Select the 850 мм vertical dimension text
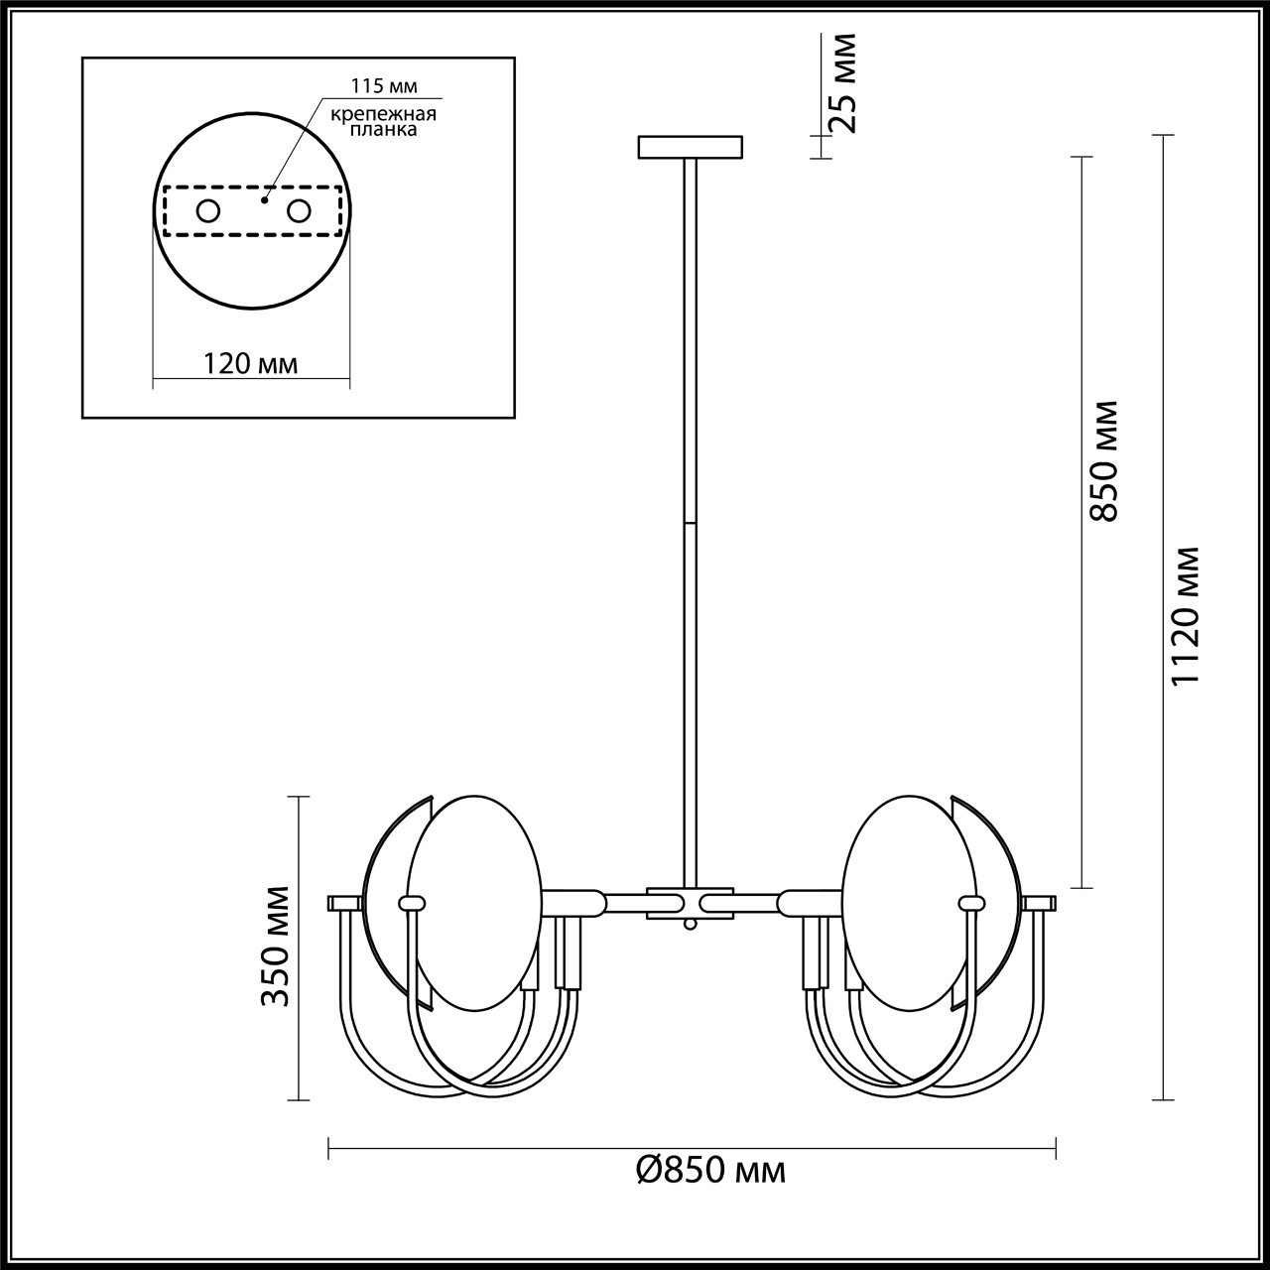(1103, 460)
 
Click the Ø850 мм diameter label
(710, 1171)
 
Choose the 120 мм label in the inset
(251, 363)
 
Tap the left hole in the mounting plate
(208, 210)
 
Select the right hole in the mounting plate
(299, 210)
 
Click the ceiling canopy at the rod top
(690, 147)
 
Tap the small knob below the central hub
(690, 925)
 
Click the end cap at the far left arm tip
(344, 903)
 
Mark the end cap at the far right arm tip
(1040, 903)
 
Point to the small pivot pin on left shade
(411, 903)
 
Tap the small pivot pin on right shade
(970, 903)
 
